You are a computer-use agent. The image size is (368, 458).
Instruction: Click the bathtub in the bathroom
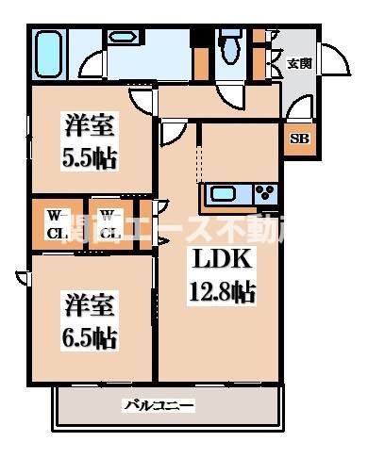pyautogui.click(x=50, y=54)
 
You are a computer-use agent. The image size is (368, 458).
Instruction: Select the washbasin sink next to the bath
pyautogui.click(x=121, y=39)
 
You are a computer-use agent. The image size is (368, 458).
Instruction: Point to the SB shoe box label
pyautogui.click(x=297, y=139)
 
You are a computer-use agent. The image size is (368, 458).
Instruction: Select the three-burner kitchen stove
pyautogui.click(x=265, y=195)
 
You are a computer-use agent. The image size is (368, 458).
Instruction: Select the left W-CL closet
pyautogui.click(x=57, y=223)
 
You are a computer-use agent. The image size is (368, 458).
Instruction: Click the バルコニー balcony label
pyautogui.click(x=159, y=406)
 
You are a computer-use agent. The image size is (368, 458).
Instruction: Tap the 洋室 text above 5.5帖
pyautogui.click(x=91, y=125)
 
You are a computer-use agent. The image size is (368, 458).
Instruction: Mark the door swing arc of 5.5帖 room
pyautogui.click(x=140, y=98)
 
